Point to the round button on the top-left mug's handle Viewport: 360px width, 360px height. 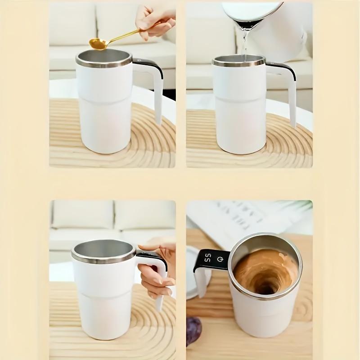click(138, 60)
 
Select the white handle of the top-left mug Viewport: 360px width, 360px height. click(157, 97)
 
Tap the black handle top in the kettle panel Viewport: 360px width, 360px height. click(281, 68)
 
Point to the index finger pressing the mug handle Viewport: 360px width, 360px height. click(151, 247)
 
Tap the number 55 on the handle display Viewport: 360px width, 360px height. click(208, 259)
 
